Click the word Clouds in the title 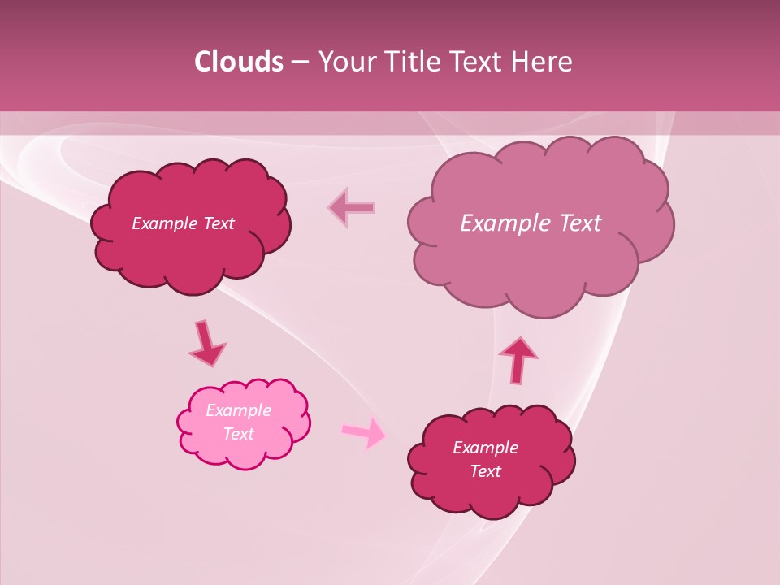click(238, 62)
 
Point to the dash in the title click(299, 63)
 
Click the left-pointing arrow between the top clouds click(352, 207)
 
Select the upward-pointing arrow click(518, 358)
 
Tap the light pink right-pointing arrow click(364, 432)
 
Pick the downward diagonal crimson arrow click(206, 343)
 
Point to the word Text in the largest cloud click(582, 223)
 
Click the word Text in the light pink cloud click(239, 434)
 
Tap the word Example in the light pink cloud click(239, 410)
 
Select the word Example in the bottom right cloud click(485, 448)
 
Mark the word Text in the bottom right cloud click(485, 471)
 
